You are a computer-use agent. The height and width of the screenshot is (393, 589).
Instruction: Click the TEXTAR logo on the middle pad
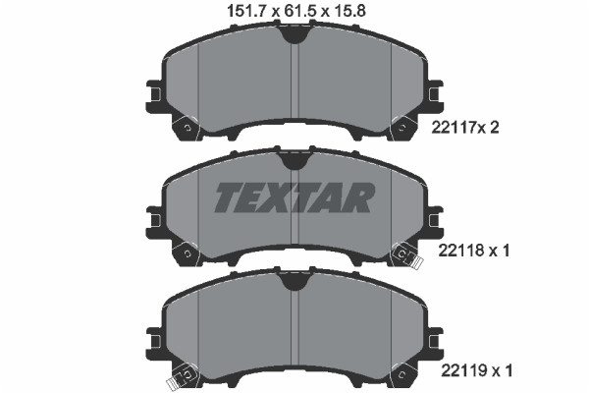294,197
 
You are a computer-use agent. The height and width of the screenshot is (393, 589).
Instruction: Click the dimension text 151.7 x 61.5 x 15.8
294,11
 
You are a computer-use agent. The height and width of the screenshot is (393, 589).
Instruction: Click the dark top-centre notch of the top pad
294,35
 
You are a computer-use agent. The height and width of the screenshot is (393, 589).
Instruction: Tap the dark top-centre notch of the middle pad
294,159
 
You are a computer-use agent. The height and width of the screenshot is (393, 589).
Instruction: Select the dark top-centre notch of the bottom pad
294,282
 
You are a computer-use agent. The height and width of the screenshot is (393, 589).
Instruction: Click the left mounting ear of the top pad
153,95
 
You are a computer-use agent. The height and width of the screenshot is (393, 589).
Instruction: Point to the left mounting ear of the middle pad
153,218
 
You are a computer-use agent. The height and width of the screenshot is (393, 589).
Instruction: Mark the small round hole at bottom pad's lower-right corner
401,373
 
